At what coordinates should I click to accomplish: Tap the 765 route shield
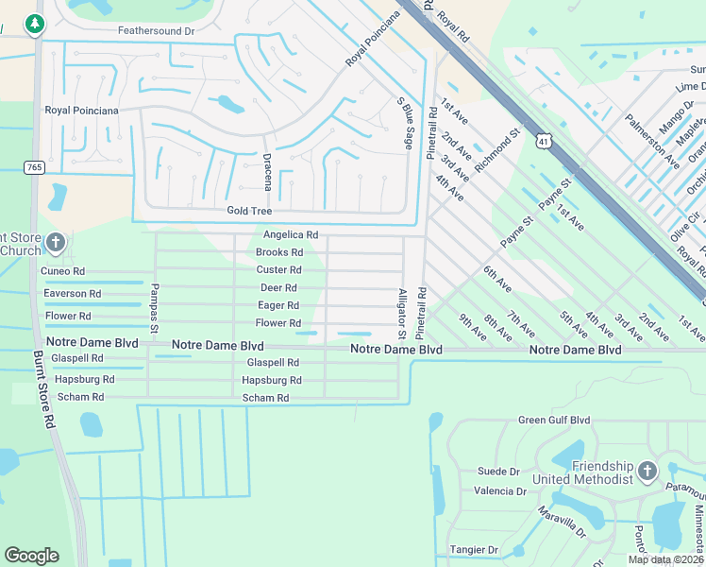click(x=35, y=167)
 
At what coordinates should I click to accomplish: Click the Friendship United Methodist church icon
click(x=647, y=470)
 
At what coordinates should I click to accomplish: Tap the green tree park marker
click(x=35, y=24)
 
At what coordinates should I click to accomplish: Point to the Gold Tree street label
click(x=249, y=211)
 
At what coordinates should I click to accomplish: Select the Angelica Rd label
click(x=290, y=234)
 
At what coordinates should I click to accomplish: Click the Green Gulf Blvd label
click(x=553, y=421)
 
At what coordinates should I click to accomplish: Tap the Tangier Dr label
click(x=475, y=550)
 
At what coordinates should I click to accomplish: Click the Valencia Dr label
click(x=500, y=491)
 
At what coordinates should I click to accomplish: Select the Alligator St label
click(x=401, y=315)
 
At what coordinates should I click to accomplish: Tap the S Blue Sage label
click(x=405, y=123)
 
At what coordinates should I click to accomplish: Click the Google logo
click(x=31, y=556)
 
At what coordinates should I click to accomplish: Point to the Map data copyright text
click(x=664, y=559)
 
